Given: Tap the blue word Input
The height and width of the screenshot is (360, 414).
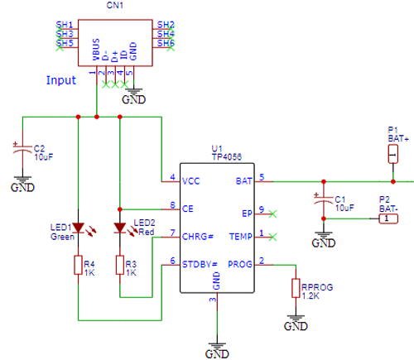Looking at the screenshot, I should (x=61, y=81).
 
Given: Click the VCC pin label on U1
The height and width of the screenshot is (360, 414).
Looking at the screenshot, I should (x=192, y=179).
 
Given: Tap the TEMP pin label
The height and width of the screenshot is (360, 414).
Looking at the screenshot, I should (x=240, y=236).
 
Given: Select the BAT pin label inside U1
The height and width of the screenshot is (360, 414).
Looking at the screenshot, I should (x=243, y=179).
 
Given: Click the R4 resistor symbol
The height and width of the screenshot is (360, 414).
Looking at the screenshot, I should (x=78, y=266).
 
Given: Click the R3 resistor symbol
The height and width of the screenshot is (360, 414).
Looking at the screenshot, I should (x=120, y=266).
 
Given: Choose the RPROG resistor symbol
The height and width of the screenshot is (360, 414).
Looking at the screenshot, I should (x=295, y=288).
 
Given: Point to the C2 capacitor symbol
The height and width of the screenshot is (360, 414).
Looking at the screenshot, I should (x=22, y=152).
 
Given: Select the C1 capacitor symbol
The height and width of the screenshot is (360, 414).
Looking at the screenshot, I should (x=324, y=201).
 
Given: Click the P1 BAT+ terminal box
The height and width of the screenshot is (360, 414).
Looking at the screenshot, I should (x=393, y=156).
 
